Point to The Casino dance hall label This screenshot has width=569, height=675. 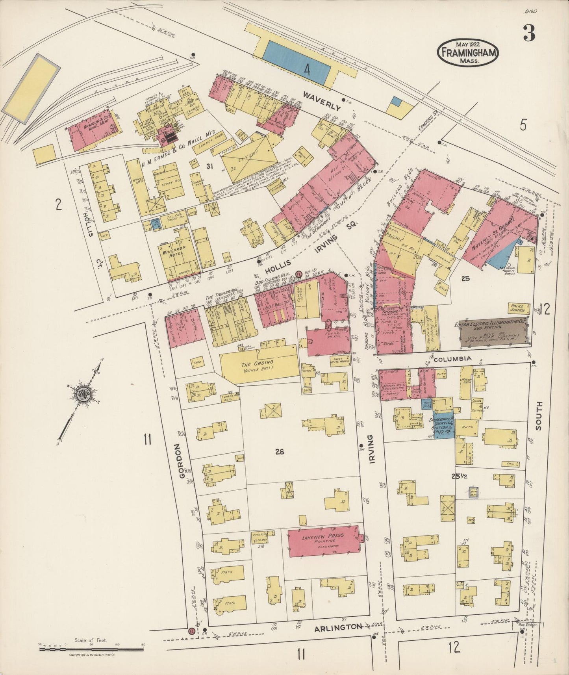pyautogui.click(x=258, y=365)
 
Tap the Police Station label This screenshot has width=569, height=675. pyautogui.click(x=517, y=308)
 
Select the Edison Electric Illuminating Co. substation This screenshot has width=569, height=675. pyautogui.click(x=494, y=333)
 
